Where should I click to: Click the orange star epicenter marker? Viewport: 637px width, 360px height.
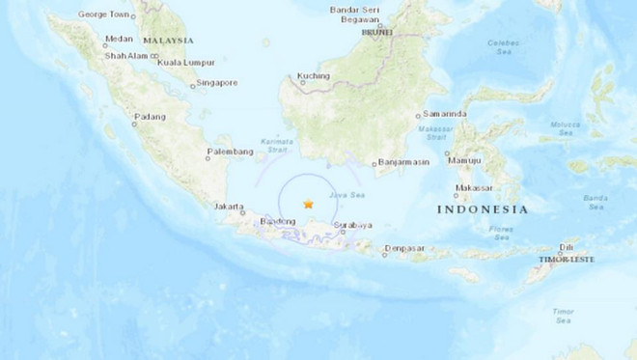(x=308, y=204)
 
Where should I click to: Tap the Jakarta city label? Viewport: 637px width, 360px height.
(x=231, y=207)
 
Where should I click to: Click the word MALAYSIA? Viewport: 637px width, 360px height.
(x=168, y=41)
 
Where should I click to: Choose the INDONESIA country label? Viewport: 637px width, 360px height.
(x=483, y=209)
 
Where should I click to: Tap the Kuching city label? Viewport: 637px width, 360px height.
(x=314, y=75)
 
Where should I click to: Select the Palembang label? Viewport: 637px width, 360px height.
(x=228, y=152)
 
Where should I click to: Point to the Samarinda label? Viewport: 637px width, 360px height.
(x=444, y=114)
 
